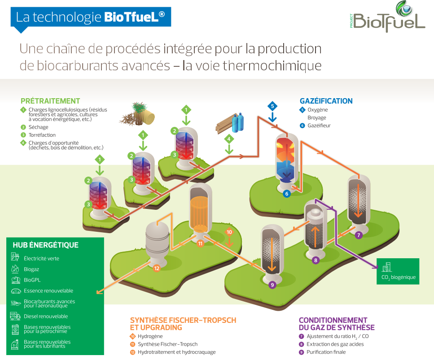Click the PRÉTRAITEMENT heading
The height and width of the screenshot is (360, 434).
[x=50, y=101]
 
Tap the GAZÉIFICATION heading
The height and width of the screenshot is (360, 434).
[x=326, y=101]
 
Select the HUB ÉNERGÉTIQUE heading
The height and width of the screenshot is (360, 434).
[x=46, y=245]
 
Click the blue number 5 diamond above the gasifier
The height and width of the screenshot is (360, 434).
[x=272, y=107]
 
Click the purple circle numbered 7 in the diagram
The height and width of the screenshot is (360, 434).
[x=358, y=234]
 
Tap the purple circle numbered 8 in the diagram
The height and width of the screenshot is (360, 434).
[x=316, y=260]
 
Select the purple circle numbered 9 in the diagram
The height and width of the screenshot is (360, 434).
[x=272, y=284]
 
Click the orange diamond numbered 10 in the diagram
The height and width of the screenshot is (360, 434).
[x=229, y=232]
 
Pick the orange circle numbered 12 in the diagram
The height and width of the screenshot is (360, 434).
[x=157, y=268]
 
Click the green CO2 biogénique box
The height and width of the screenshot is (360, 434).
[x=398, y=271]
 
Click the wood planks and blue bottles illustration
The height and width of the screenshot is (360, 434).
[x=230, y=123]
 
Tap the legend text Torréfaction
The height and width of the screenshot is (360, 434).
[x=42, y=135]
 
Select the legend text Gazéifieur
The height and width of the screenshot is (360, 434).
[x=319, y=126]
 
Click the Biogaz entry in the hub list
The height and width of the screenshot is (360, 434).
[x=31, y=269]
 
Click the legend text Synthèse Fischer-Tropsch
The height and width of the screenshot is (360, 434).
[x=167, y=344]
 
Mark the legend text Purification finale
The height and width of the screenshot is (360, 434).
[x=326, y=352]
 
